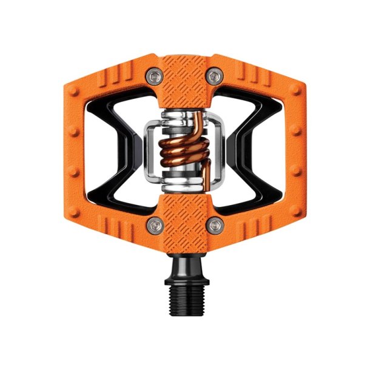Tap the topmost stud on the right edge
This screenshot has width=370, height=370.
coord(295,90)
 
